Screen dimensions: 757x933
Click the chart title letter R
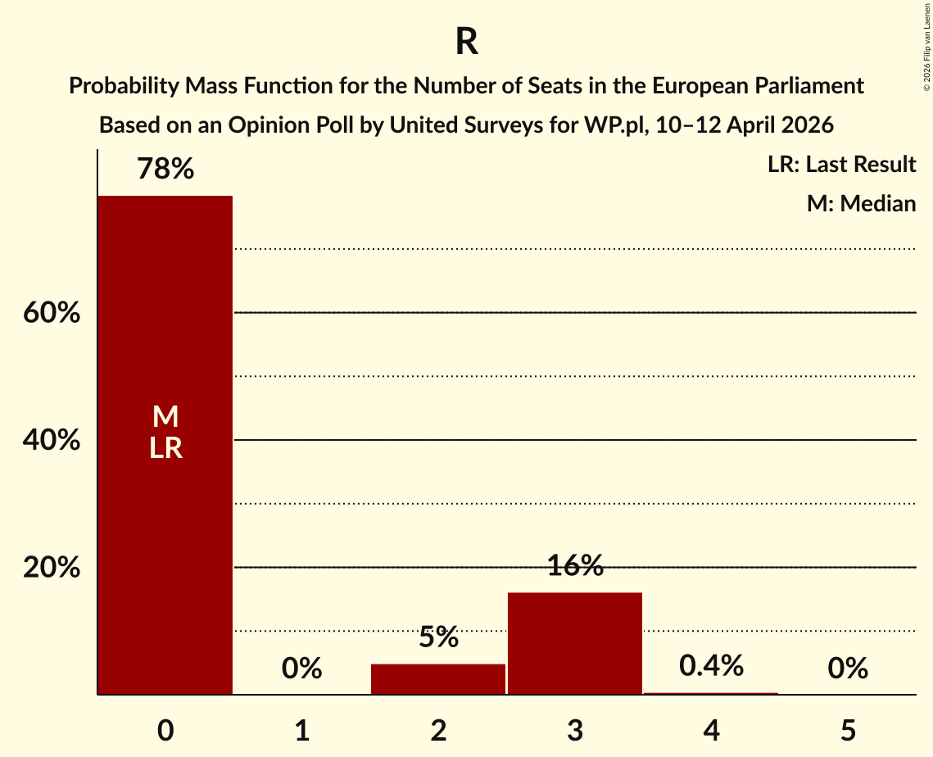pos(466,43)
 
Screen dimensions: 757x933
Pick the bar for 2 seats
pos(438,679)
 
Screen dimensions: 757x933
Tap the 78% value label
pos(165,170)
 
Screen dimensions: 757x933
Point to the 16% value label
pos(574,566)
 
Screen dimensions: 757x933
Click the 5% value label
pos(438,637)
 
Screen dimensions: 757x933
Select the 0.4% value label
pos(711,666)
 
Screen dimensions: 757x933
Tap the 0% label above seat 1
pos(301,669)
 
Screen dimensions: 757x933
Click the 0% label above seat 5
pos(847,669)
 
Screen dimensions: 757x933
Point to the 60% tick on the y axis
pos(52,313)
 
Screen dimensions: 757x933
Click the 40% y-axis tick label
pos(52,441)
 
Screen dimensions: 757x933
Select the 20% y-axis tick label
pos(52,568)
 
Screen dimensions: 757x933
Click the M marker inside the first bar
pos(165,417)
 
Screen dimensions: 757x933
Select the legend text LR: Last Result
pos(841,165)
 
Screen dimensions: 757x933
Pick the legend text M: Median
pos(861,203)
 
